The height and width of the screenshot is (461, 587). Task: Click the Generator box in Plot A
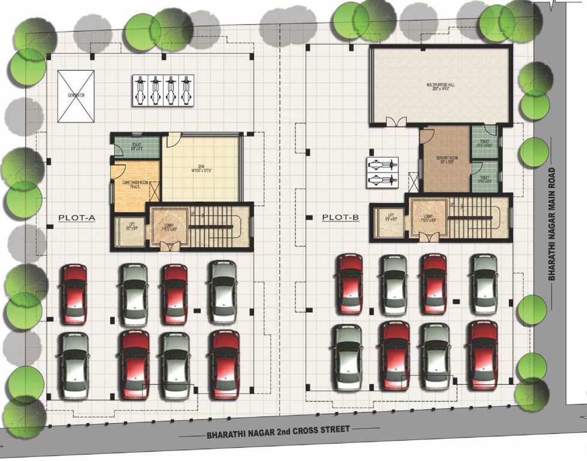pos(76,95)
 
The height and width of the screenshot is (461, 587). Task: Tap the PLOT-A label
pos(76,218)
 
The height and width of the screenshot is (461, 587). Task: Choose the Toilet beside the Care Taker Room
pos(137,148)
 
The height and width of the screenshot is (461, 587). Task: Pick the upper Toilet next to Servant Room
pos(484,143)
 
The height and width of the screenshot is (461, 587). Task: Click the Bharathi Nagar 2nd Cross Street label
pos(278,430)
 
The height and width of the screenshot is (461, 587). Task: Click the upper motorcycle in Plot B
pos(382,163)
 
